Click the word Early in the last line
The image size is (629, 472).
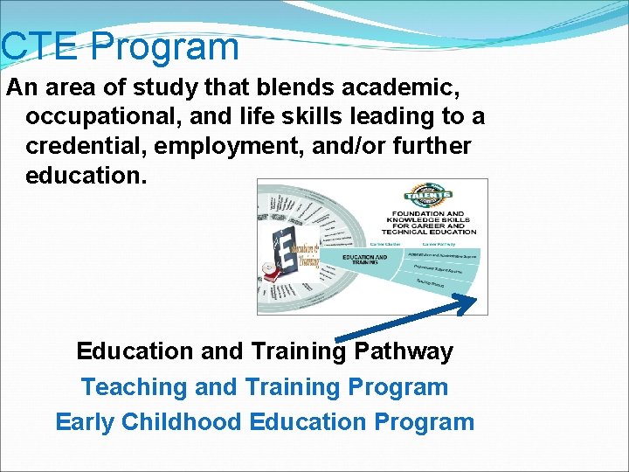(85, 422)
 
